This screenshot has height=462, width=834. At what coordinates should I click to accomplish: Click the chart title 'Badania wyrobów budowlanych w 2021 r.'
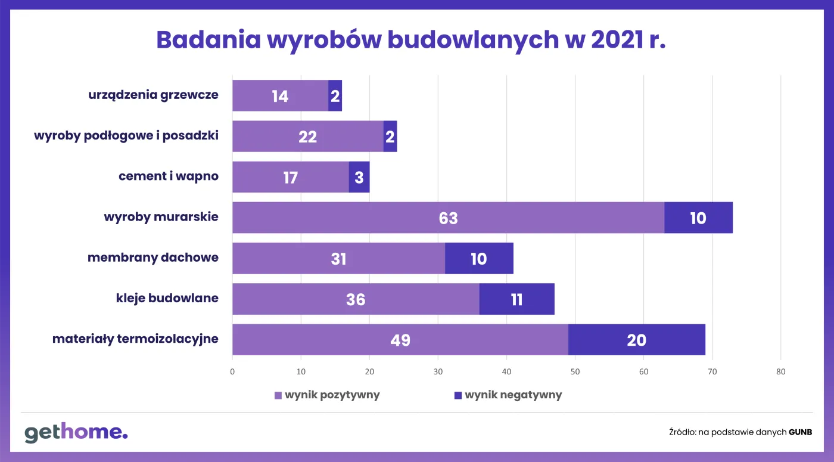[x=410, y=39]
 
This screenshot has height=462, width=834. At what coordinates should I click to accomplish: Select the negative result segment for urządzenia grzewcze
[x=335, y=95]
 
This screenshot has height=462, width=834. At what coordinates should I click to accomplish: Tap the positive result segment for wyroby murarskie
[x=448, y=218]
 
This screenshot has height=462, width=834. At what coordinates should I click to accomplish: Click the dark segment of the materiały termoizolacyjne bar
[x=636, y=340]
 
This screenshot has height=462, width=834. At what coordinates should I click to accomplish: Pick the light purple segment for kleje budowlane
[x=356, y=299]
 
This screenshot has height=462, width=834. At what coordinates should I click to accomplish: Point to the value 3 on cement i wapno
[x=359, y=177]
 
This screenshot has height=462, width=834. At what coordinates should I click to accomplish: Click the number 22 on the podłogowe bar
[x=308, y=137]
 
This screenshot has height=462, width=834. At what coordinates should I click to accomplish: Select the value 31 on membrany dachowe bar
[x=338, y=258]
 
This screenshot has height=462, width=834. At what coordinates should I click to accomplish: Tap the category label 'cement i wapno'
[x=169, y=176]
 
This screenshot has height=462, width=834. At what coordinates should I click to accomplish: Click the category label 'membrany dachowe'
[x=153, y=258]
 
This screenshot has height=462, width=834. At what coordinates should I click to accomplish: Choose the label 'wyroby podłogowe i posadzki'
[x=126, y=135]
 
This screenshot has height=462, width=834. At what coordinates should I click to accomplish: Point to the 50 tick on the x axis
[x=575, y=372]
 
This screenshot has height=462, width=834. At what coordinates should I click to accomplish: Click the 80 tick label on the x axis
[x=780, y=372]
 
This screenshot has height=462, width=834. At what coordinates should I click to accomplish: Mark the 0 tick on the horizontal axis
[x=232, y=372]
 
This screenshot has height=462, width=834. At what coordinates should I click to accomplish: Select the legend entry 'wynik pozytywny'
[x=327, y=395]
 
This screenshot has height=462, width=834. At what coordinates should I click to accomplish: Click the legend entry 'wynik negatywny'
[x=508, y=395]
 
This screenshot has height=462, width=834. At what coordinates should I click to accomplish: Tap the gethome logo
[x=76, y=432]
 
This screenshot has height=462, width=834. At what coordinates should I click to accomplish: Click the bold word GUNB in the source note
[x=800, y=432]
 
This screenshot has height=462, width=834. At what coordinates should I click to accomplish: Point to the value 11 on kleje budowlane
[x=516, y=299]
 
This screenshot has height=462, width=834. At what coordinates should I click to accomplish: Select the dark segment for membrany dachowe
[x=479, y=258]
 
